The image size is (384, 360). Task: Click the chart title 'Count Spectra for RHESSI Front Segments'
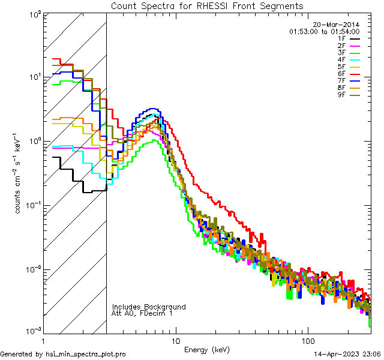(x=207, y=5)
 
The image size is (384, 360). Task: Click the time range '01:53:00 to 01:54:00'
(x=324, y=31)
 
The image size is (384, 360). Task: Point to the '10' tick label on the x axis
(x=175, y=340)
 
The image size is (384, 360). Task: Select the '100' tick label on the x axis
(x=307, y=340)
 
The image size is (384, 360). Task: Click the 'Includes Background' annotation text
(x=148, y=307)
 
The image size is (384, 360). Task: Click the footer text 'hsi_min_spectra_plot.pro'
(x=87, y=354)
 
